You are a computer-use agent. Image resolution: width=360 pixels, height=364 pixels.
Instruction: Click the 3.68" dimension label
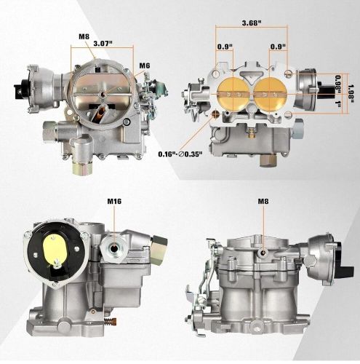(252, 23)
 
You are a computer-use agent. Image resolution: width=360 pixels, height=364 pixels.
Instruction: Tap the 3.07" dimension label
(103, 44)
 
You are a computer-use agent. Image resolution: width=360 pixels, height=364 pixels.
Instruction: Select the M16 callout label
(114, 201)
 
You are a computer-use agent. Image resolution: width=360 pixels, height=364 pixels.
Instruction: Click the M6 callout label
(145, 66)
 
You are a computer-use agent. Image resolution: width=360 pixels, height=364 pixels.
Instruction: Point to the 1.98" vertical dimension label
(351, 93)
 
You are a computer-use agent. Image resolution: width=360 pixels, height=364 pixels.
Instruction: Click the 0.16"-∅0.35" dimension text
(180, 154)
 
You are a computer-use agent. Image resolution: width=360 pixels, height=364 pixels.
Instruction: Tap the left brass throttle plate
(233, 94)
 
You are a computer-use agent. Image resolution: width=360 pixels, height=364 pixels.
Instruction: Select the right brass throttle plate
(270, 94)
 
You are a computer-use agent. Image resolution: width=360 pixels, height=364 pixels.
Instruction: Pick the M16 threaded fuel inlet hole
(113, 248)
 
